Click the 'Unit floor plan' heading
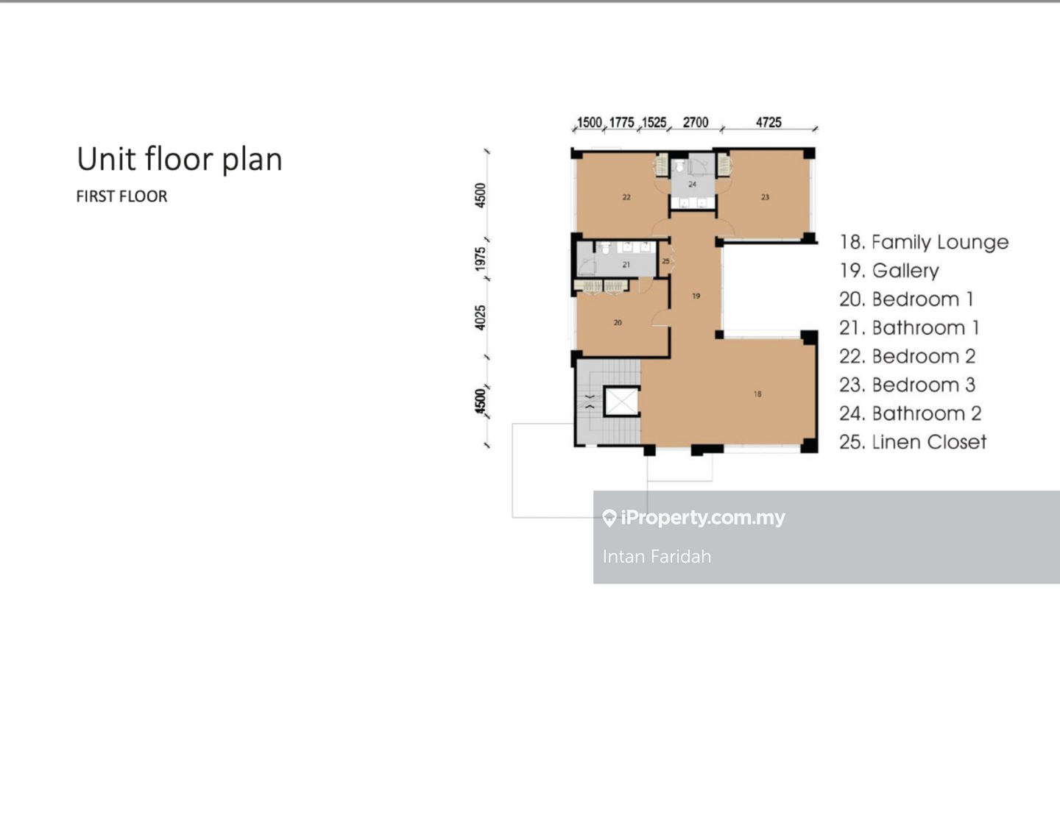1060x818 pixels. [x=180, y=160]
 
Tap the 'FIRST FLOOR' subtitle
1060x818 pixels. [x=121, y=196]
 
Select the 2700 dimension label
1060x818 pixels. [x=696, y=122]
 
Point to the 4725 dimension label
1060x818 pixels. [x=768, y=122]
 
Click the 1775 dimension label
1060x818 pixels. [x=621, y=122]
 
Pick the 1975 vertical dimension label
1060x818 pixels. [x=481, y=259]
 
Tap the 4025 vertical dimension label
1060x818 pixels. [x=481, y=318]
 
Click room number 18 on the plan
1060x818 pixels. [x=757, y=394]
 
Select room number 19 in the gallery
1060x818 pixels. [x=696, y=296]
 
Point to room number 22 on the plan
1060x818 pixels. [x=626, y=197]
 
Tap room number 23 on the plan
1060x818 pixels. [x=765, y=197]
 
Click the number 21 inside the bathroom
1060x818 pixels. [x=626, y=265]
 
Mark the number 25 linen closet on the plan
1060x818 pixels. [x=665, y=261]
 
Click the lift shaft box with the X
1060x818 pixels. [x=621, y=402]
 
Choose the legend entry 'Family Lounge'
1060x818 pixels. [x=924, y=242]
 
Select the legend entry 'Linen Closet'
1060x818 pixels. [x=913, y=442]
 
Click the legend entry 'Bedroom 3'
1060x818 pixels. [x=908, y=385]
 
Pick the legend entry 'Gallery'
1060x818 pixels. [x=888, y=271]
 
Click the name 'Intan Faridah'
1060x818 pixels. [x=657, y=557]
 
